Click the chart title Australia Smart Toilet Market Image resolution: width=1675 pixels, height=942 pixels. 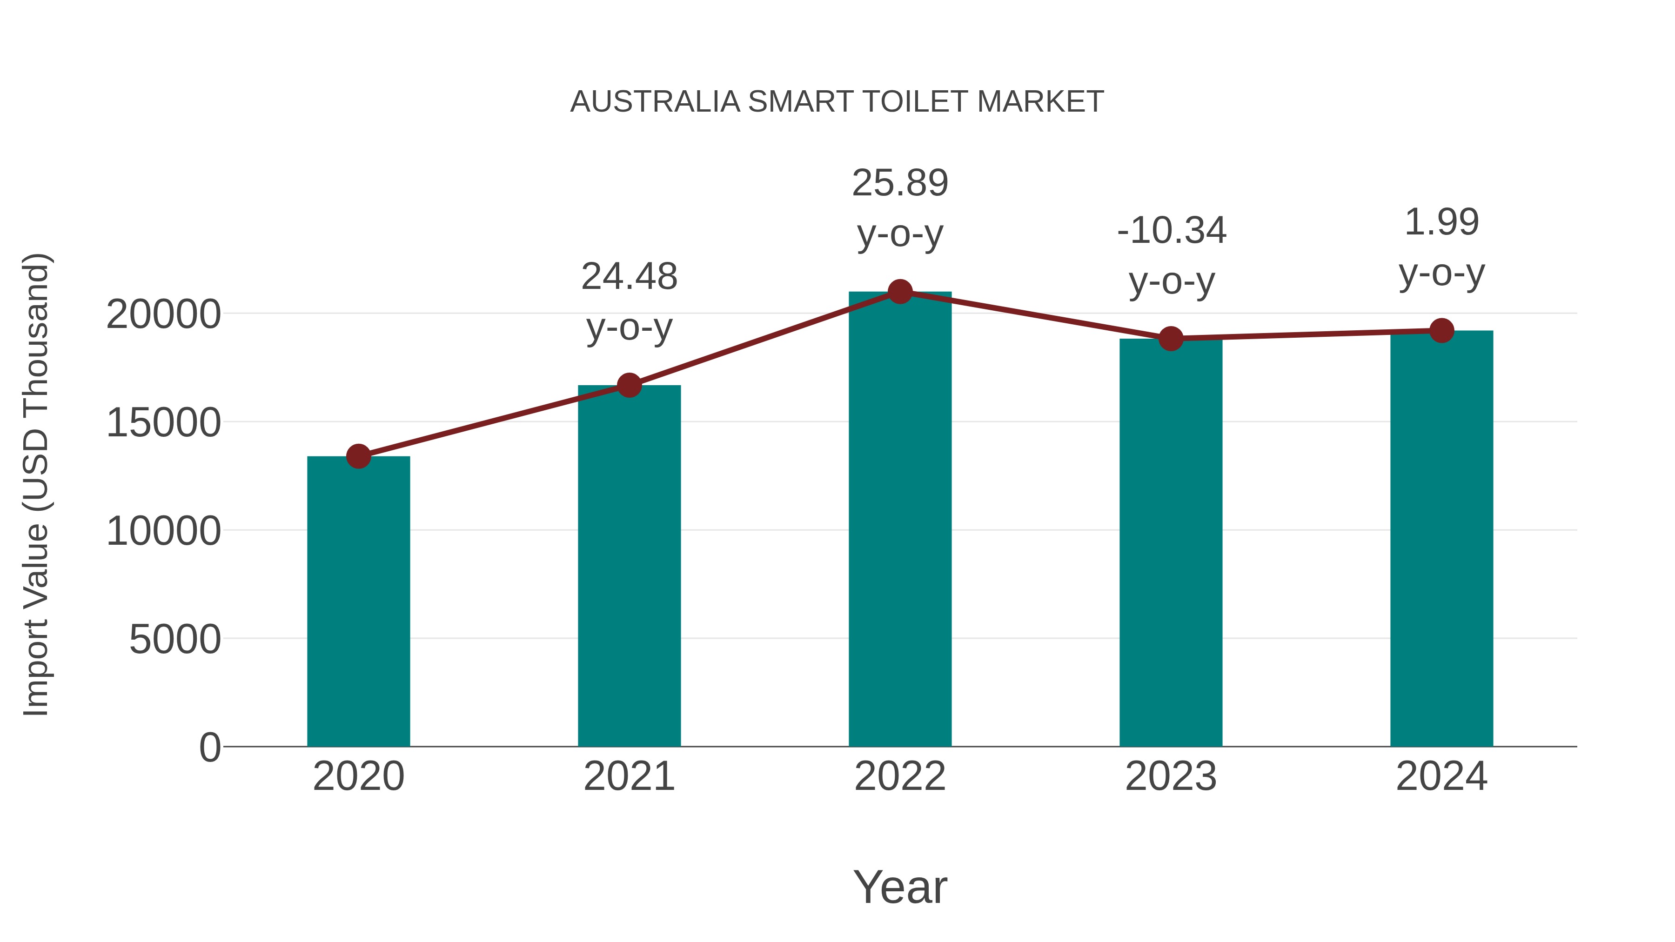tap(837, 102)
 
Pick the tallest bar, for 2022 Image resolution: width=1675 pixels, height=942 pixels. tap(900, 520)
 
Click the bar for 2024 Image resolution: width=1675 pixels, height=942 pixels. tap(1441, 540)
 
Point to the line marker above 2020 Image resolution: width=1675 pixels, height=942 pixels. tap(358, 456)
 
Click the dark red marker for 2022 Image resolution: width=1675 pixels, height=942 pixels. tap(900, 292)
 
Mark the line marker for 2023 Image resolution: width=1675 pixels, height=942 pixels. tap(1171, 339)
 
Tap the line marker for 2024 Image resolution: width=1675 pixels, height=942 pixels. tap(1441, 330)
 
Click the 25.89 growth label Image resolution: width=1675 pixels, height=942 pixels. tap(900, 183)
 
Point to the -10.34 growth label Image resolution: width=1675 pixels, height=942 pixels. tap(1171, 231)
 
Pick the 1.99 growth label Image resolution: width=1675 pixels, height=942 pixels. tap(1441, 222)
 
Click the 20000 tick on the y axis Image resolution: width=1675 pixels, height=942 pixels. tap(163, 314)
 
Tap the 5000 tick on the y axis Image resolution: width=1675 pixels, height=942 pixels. tap(175, 640)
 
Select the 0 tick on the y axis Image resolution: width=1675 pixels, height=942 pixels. tap(209, 748)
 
